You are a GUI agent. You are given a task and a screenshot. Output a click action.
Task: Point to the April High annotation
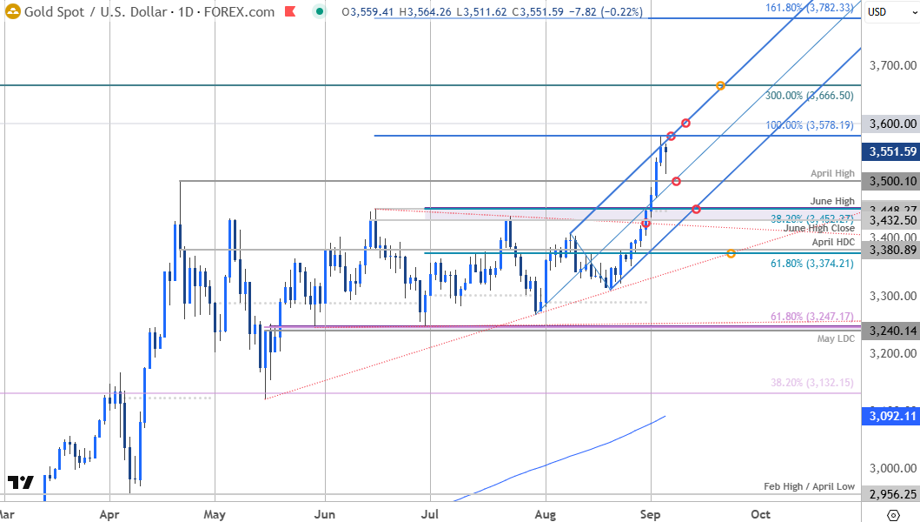pos(833,174)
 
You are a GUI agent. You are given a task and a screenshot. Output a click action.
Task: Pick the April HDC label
pos(833,242)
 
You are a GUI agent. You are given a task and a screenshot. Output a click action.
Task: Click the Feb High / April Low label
pos(809,486)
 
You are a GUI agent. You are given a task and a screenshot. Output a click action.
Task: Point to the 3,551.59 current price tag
pos(890,151)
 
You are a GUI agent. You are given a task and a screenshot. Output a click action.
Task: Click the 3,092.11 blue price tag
pos(890,417)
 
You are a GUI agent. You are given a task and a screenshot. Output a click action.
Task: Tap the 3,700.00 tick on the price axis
pos(893,65)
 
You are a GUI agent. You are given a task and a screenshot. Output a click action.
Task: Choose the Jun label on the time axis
pos(325,514)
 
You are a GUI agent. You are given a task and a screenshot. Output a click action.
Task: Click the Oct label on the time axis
pos(761,514)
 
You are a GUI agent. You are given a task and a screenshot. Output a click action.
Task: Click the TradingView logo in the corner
pos(20,482)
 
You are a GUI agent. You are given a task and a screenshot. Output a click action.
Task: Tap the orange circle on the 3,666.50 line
pos(721,85)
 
